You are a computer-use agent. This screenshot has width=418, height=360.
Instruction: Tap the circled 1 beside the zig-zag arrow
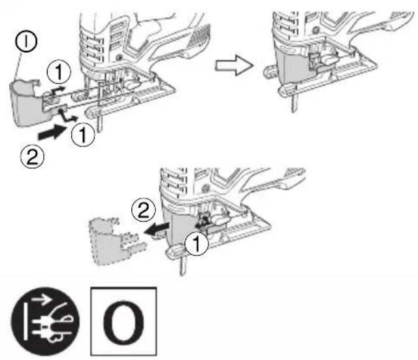point(83,135)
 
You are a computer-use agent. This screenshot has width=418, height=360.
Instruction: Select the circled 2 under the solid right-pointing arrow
point(32,157)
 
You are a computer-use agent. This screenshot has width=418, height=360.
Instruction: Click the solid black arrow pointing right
point(52,132)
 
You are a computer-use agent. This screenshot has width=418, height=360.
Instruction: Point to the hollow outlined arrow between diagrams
point(234,65)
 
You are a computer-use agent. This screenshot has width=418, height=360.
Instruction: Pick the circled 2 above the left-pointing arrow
point(144,210)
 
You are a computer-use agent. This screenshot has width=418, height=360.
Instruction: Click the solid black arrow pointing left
point(157,229)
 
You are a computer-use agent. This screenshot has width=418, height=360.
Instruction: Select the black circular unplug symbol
point(45,321)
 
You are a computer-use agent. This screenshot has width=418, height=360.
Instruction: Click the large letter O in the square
point(123,322)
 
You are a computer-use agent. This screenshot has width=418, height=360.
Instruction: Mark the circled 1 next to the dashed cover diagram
point(197,243)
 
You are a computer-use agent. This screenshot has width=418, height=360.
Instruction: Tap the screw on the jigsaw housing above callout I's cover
point(119,57)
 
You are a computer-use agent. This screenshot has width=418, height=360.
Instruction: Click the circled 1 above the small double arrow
point(59,72)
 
